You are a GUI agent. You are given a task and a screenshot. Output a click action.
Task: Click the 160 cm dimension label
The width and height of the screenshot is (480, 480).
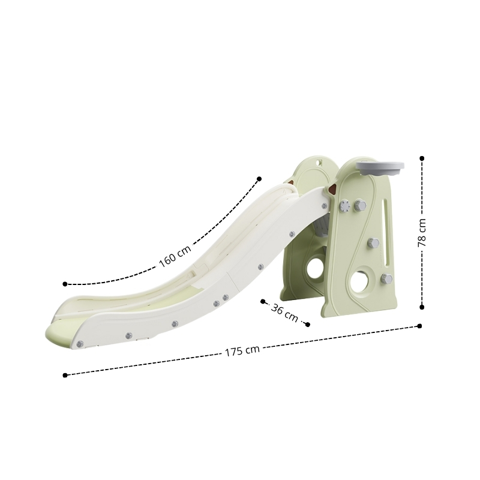coord(175,256)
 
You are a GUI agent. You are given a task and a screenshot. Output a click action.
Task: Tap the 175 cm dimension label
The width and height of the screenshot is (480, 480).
coord(242,351)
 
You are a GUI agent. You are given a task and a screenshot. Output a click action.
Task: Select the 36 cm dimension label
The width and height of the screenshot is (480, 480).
coord(284,313)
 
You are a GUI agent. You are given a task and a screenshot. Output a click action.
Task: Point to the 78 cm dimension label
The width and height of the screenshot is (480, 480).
coord(422,233)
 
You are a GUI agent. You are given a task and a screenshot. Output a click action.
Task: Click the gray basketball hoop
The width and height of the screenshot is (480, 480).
coord(380,169)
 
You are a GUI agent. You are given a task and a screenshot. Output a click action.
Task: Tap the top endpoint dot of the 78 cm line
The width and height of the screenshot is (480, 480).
coord(422,158)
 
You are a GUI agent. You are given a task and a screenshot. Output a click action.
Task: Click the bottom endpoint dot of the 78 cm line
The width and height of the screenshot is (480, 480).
coord(422,307)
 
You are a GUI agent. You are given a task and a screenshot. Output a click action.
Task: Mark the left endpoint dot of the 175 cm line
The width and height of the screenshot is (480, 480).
coord(65,375)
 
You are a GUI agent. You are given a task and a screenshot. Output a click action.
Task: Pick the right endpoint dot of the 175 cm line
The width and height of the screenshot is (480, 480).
coord(419,326)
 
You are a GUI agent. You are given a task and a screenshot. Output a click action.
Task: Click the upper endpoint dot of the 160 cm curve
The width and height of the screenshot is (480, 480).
coord(259,179)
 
